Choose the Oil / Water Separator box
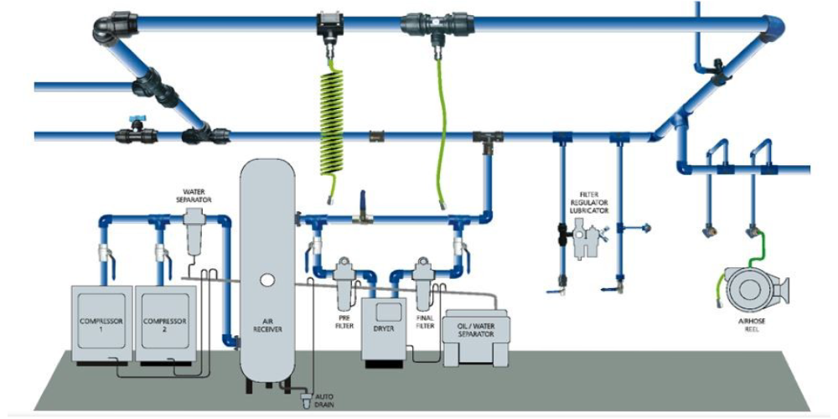[473, 332]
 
